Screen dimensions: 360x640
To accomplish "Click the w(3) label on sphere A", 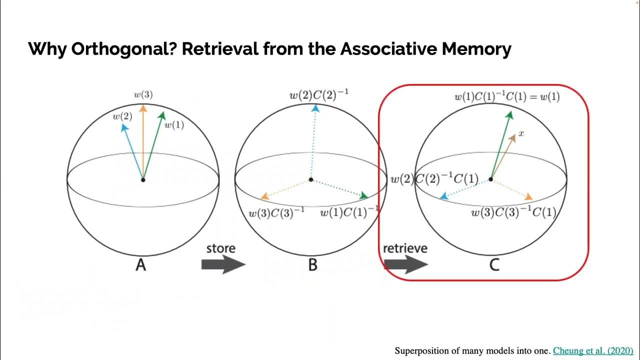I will (x=143, y=94).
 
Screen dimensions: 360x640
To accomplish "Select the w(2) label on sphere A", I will (x=122, y=116).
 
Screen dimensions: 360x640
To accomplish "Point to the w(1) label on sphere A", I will (x=174, y=125).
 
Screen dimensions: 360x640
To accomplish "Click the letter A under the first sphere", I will (x=141, y=264).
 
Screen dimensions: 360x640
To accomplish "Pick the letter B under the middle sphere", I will (x=312, y=264).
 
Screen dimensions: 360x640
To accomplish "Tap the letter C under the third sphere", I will (x=494, y=264).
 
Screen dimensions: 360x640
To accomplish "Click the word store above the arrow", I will (x=220, y=248).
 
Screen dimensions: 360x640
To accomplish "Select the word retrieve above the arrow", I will (x=405, y=248).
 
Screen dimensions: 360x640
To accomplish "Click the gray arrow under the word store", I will (x=223, y=264).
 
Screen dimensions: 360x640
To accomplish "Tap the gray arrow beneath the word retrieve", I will (x=405, y=264).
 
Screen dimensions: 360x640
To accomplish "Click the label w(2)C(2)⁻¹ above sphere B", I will (x=319, y=95).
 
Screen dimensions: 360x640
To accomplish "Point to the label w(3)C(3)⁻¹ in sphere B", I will (x=276, y=213).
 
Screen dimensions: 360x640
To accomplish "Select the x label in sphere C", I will (x=521, y=133).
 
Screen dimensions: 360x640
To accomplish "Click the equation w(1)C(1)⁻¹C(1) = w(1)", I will (x=506, y=97).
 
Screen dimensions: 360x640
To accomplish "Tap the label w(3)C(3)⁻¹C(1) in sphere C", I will (x=513, y=212).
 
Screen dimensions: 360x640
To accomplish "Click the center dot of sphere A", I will (x=143, y=179).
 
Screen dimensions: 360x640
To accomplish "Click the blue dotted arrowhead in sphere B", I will (x=315, y=108).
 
